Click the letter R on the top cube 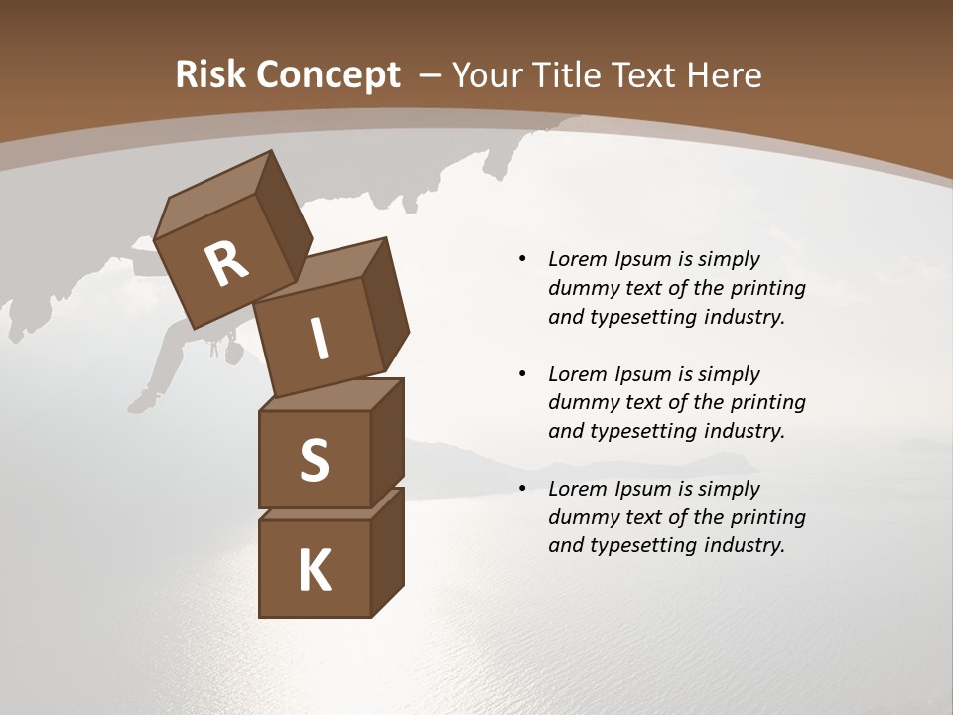226,264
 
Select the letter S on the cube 314,460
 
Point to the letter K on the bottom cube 315,571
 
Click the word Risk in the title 209,75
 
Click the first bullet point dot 522,259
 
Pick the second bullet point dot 522,374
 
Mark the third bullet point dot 522,489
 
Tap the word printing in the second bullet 767,403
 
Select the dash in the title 431,75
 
